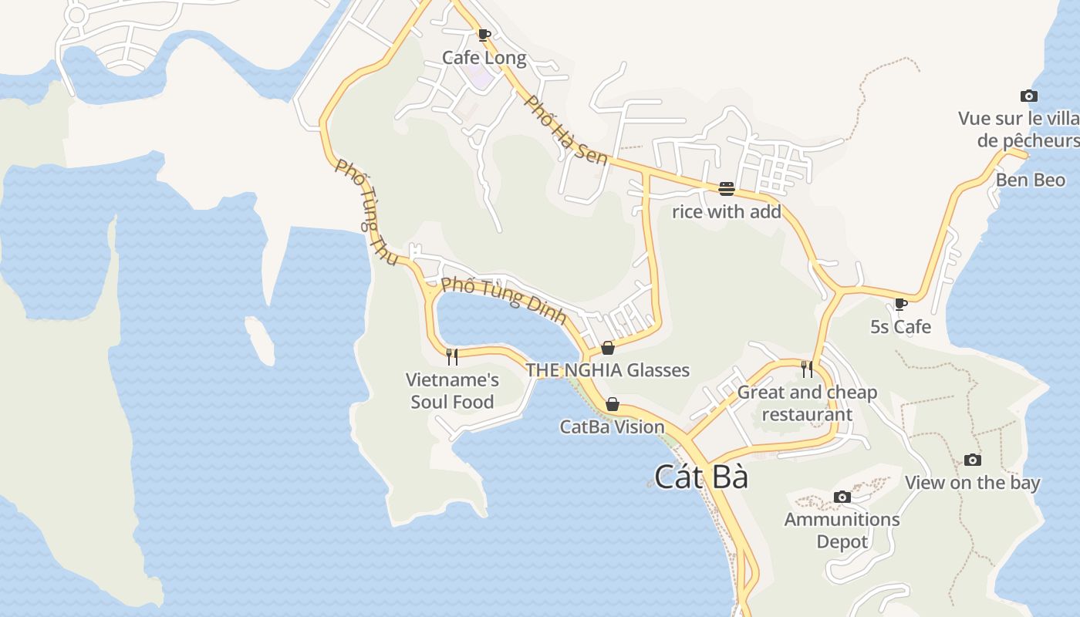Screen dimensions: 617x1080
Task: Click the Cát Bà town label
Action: tap(701, 477)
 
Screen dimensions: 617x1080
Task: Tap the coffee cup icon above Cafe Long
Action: tap(484, 35)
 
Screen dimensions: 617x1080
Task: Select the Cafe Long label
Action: tap(484, 58)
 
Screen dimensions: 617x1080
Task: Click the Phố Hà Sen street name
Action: tap(566, 129)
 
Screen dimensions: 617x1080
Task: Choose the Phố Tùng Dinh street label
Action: tap(504, 300)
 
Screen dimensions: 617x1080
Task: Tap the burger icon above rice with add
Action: tap(726, 189)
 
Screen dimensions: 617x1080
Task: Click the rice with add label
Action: tap(726, 211)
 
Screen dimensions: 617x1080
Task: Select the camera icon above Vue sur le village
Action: tap(1028, 96)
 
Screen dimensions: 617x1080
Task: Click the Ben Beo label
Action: tap(1030, 180)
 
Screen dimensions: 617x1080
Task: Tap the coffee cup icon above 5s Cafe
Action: tap(900, 304)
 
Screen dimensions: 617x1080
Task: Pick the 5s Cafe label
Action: tap(900, 326)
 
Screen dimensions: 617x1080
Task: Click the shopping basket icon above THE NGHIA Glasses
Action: tap(608, 348)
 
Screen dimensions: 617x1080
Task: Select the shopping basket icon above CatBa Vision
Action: tap(612, 404)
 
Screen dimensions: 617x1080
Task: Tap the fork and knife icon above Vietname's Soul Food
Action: tap(452, 356)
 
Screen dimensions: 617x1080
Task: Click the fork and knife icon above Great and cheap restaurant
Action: tap(807, 369)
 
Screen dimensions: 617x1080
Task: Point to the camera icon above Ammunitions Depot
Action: tap(842, 497)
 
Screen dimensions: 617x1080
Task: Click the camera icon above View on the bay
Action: tap(972, 460)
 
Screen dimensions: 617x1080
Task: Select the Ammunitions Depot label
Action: tap(842, 531)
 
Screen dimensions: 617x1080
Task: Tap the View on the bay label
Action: tap(972, 483)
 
